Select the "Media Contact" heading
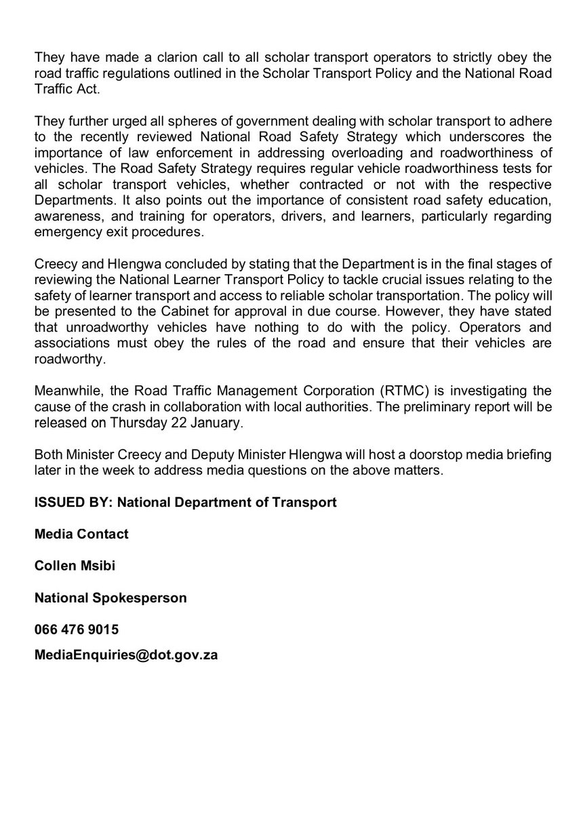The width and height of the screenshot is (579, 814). tap(81, 534)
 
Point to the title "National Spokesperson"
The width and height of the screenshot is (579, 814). tap(111, 598)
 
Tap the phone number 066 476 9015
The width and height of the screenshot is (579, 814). tap(77, 629)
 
